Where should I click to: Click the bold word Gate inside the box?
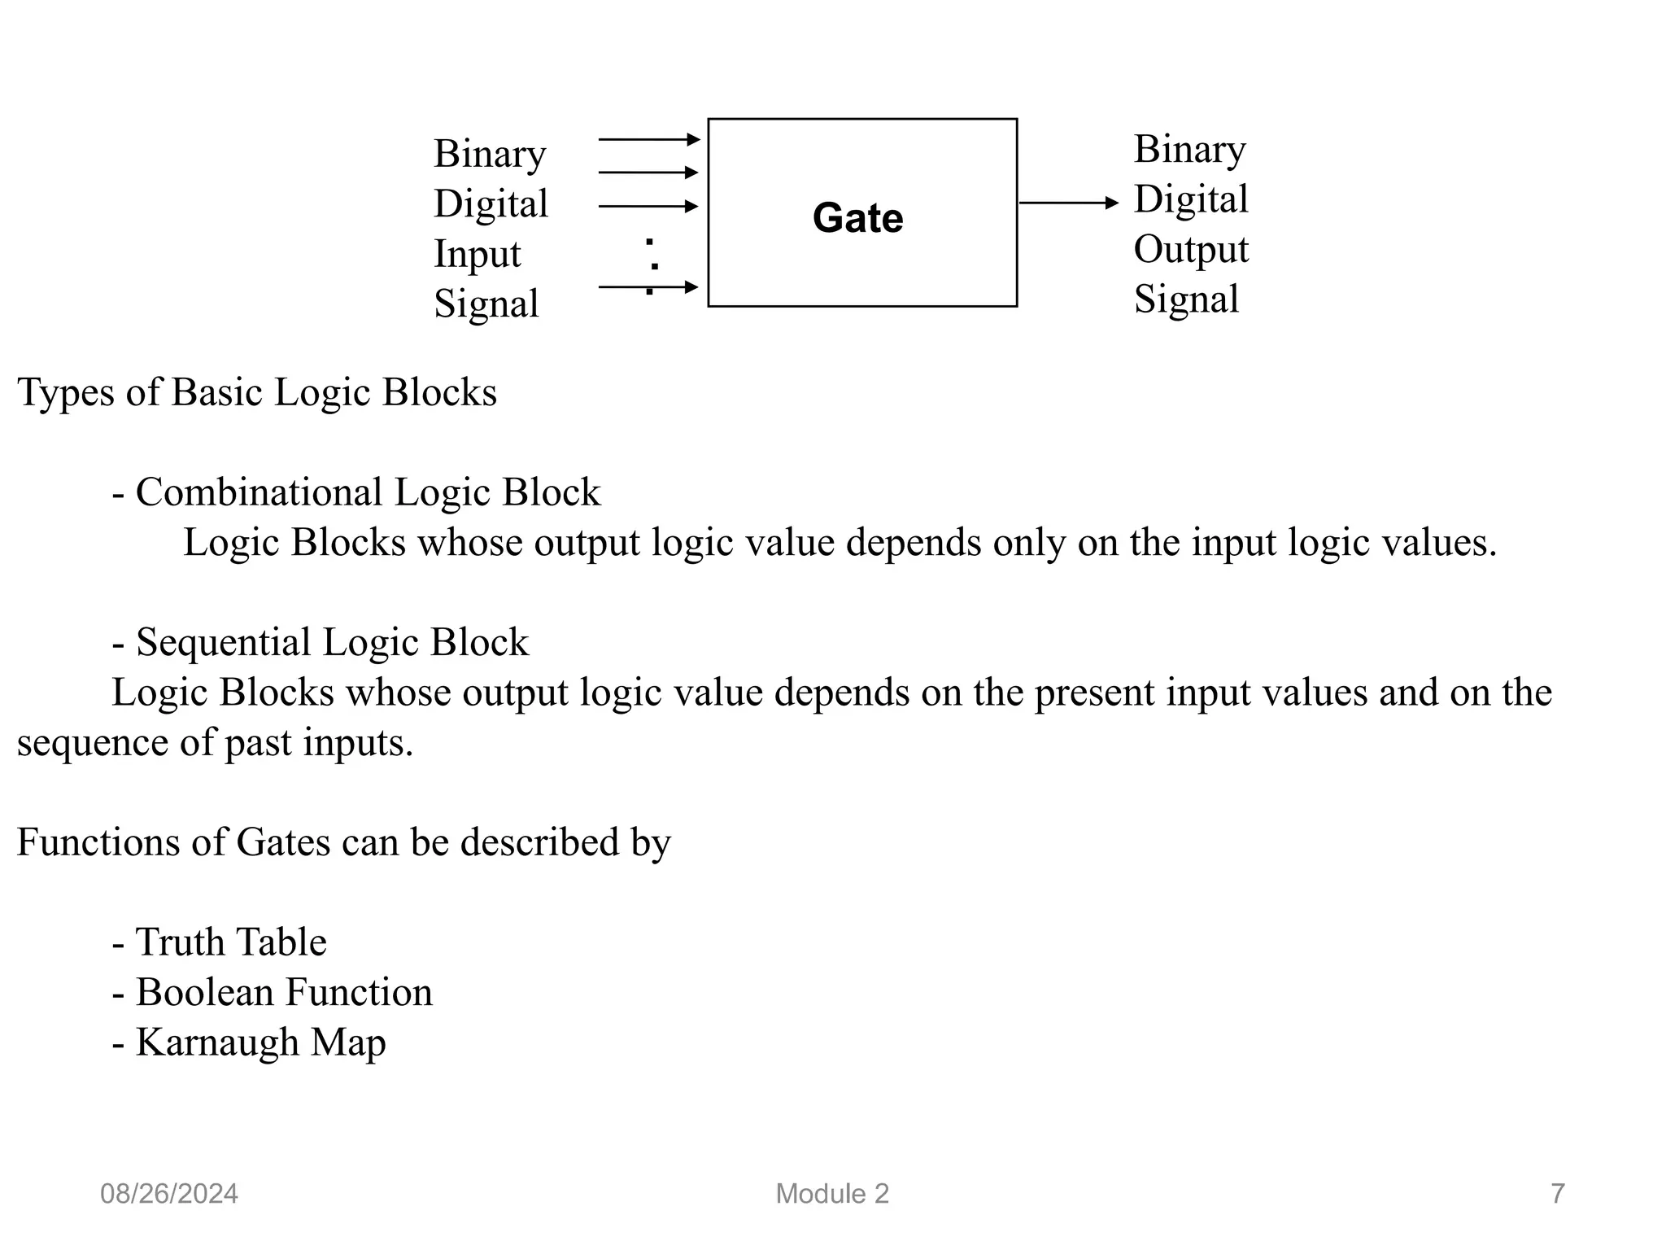(x=857, y=218)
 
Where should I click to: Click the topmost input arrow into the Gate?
(x=648, y=140)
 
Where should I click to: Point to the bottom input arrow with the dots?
(x=648, y=286)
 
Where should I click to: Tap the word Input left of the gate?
(x=477, y=255)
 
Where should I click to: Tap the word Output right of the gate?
(x=1190, y=250)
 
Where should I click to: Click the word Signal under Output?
(x=1186, y=299)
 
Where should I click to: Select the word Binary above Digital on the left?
(x=489, y=155)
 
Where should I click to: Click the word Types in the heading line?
(x=65, y=393)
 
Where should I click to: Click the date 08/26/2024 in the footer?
(x=169, y=1194)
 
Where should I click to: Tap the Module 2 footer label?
(x=832, y=1194)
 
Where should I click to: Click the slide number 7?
(x=1557, y=1194)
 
